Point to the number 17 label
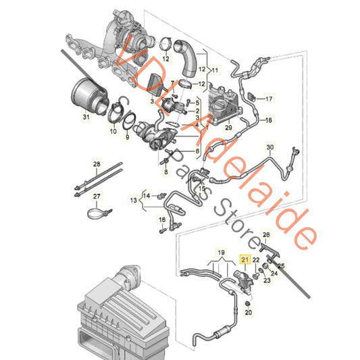pos(268,99)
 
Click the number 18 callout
pos(268,121)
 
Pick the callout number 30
pos(269,147)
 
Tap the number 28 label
pos(96,164)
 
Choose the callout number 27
pos(96,197)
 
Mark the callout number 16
pos(162,220)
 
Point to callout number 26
pos(266,236)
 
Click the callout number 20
pos(248,313)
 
